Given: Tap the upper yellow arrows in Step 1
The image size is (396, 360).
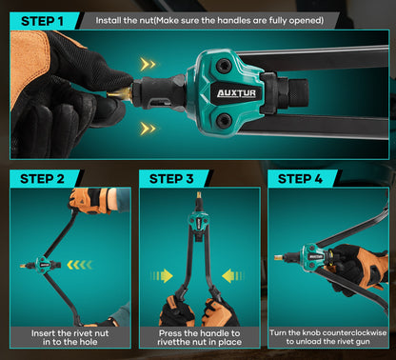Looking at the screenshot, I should [x=148, y=64].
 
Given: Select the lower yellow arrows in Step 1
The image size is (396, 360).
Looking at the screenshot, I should [x=148, y=127].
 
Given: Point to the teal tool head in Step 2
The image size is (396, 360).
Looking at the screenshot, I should [x=43, y=265].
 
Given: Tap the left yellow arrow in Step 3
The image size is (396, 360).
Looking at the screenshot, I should [x=163, y=276].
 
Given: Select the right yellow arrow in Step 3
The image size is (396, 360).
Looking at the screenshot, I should [x=230, y=276].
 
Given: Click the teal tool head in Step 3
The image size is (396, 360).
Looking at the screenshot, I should [x=198, y=220].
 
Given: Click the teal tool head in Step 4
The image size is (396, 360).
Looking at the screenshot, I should [x=310, y=255].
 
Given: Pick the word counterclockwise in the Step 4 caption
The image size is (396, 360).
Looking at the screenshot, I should [x=347, y=332].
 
